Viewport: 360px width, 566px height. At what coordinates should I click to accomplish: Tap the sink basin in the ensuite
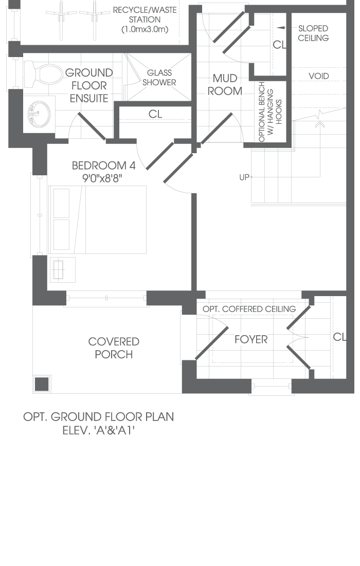[39, 114]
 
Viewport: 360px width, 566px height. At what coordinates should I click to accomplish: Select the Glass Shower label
[159, 78]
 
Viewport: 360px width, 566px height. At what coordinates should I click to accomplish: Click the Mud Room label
[225, 84]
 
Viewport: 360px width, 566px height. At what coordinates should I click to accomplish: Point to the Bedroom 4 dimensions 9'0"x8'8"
[101, 178]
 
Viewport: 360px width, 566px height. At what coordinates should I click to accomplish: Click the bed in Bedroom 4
[98, 220]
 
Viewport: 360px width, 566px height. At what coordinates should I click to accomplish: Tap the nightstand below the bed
[62, 270]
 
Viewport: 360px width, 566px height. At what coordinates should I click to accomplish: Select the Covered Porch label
[114, 348]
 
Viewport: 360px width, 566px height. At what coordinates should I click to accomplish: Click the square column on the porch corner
[42, 384]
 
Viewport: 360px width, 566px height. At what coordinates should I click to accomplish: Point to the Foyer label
[251, 339]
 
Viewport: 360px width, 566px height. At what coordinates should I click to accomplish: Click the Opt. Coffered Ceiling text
[249, 309]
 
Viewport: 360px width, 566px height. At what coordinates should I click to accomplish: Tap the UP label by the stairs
[244, 177]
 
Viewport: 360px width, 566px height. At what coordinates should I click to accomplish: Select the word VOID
[319, 76]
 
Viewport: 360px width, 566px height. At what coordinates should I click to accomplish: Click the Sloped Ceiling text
[313, 33]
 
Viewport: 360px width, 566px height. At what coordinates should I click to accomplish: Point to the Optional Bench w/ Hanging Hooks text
[269, 112]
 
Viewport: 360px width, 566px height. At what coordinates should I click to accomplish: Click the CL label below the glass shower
[155, 114]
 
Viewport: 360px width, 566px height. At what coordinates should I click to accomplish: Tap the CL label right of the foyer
[339, 337]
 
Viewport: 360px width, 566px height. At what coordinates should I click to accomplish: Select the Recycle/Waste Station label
[145, 20]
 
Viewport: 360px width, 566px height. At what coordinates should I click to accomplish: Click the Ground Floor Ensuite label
[89, 85]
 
